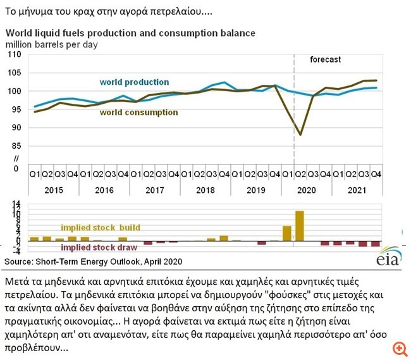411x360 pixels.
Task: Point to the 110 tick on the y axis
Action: point(15,55)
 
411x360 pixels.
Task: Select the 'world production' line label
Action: point(134,82)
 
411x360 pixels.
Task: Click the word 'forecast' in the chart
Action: point(325,59)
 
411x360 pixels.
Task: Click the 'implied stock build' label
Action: point(100,227)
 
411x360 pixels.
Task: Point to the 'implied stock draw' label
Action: point(100,247)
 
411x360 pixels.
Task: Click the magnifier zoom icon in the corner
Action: point(398,349)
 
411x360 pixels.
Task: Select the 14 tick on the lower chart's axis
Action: point(17,204)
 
